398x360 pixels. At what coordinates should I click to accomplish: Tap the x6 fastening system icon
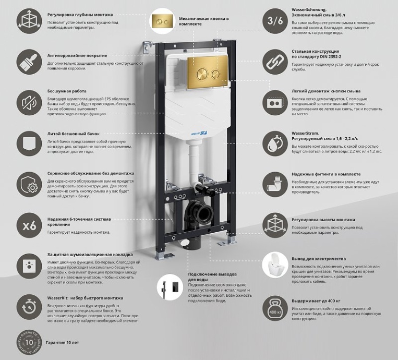(x=30, y=225)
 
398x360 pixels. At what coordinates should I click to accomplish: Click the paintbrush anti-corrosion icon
(x=30, y=61)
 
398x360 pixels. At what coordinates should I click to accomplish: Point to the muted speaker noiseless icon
(x=30, y=100)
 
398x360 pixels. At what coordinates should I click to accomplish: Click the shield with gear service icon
(x=30, y=184)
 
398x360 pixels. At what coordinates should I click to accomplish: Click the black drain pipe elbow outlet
(x=201, y=213)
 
